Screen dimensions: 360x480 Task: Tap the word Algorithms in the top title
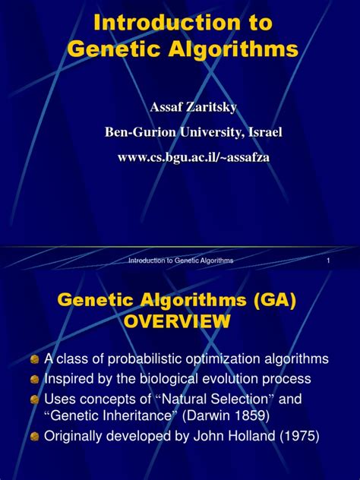(233, 49)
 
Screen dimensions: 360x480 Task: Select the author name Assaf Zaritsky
(194, 107)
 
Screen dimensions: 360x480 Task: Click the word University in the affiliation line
(212, 132)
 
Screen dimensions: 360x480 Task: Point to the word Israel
(265, 132)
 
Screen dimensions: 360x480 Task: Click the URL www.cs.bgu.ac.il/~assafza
(194, 157)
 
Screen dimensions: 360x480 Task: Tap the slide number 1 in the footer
(328, 261)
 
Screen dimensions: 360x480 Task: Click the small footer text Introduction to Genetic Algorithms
(181, 261)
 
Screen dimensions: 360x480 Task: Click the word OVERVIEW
(177, 321)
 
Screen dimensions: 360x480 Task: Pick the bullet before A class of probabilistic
(35, 359)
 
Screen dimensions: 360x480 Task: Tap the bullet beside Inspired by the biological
(35, 380)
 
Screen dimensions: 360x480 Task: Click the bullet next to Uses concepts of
(35, 399)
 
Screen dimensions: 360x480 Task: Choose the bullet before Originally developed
(35, 436)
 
